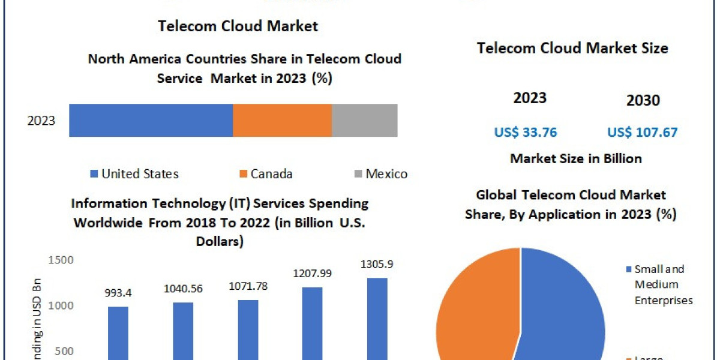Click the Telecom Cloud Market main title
tap(238, 26)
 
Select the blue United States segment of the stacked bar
tap(151, 120)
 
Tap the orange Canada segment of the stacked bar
tap(282, 120)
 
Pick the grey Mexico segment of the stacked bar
tap(364, 120)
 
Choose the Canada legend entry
tap(266, 174)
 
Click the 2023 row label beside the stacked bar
tap(41, 121)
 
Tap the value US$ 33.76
tap(526, 132)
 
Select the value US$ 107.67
tap(642, 132)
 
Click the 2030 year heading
tap(643, 101)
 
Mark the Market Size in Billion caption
tap(576, 158)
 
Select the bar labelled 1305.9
tap(377, 318)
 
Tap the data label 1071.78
tap(248, 286)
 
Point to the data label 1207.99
tap(312, 274)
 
